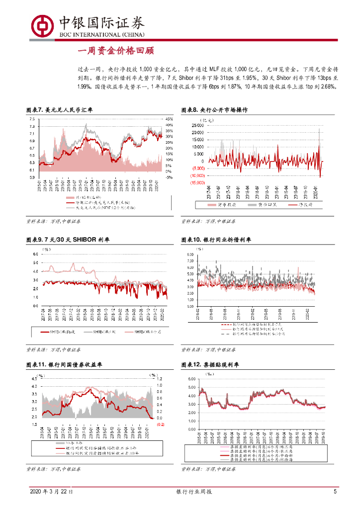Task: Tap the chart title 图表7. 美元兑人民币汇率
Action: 59,110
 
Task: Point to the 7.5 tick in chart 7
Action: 31,119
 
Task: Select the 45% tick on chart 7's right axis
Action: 169,119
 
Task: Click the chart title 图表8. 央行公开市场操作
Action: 214,110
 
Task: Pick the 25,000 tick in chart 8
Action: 197,125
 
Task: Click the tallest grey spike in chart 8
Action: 319,130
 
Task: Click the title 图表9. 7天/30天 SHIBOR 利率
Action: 68,240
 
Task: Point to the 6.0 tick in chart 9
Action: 35,254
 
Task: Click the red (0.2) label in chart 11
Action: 160,424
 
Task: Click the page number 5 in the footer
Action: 335,492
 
